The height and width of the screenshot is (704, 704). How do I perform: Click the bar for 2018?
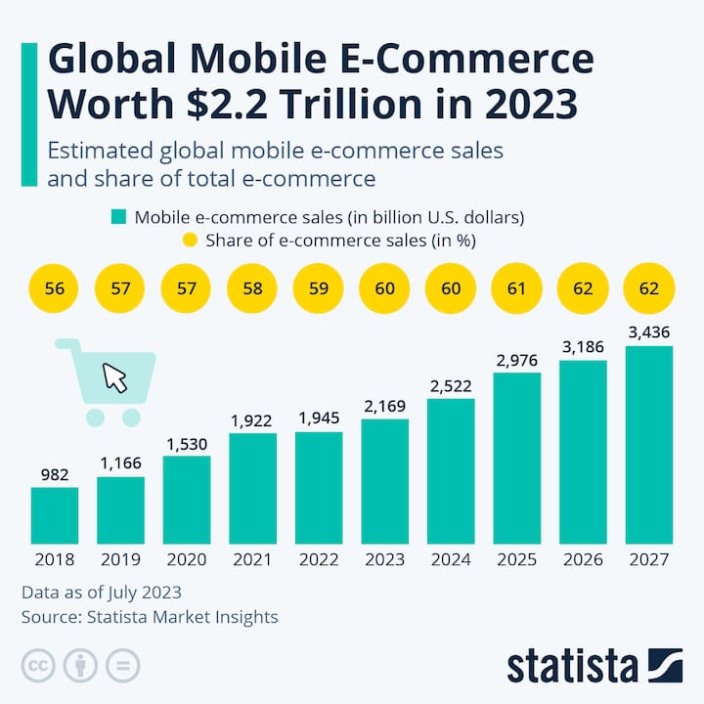pyautogui.click(x=54, y=515)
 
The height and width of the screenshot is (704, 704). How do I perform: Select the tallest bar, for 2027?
pyautogui.click(x=649, y=445)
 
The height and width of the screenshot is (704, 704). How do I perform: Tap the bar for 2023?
pyautogui.click(x=385, y=481)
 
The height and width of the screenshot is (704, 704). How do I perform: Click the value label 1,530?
pyautogui.click(x=187, y=444)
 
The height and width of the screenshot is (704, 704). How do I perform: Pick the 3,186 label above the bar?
pyautogui.click(x=583, y=347)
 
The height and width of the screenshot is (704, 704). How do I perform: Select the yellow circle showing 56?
pyautogui.click(x=55, y=289)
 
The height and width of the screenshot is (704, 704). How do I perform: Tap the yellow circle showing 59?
pyautogui.click(x=319, y=289)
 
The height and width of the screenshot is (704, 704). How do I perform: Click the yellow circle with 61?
pyautogui.click(x=517, y=289)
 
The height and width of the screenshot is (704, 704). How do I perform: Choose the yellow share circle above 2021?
pyautogui.click(x=253, y=289)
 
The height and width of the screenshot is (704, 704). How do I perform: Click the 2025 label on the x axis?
pyautogui.click(x=517, y=560)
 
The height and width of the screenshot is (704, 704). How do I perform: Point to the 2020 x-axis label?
pyautogui.click(x=187, y=560)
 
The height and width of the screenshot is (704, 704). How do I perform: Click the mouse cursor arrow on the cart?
pyautogui.click(x=115, y=377)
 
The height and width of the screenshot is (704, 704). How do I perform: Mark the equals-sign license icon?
pyautogui.click(x=122, y=666)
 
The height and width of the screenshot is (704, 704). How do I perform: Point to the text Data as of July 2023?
pyautogui.click(x=101, y=593)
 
